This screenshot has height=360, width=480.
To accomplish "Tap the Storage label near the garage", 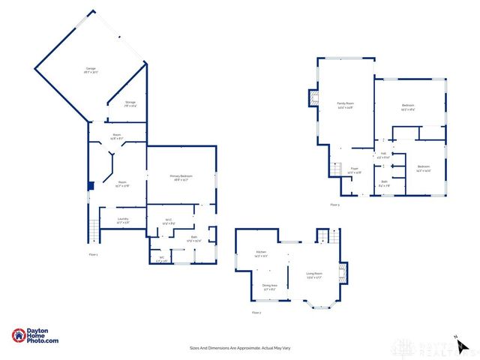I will pos(130,103).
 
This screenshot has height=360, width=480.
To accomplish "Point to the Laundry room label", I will pos(122,220).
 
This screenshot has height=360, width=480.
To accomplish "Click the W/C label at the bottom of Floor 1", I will pos(161,259).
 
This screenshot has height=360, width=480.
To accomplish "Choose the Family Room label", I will pos(344,104).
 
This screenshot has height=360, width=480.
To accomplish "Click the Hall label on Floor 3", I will pos(382,155).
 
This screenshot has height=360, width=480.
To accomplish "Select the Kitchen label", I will pos(260,253).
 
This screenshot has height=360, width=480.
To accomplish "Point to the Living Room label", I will pos(314,275).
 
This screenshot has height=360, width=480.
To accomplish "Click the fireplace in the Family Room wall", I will pos(313,98).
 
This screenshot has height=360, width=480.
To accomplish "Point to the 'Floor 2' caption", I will pos(256,312).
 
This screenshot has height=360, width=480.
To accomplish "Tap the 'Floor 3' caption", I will pos(334,205).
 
